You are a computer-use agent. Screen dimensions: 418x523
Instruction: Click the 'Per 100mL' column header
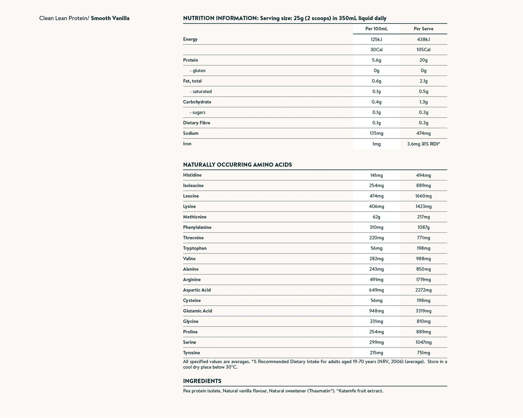click(x=376, y=29)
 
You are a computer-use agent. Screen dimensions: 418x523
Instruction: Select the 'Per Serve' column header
click(x=423, y=29)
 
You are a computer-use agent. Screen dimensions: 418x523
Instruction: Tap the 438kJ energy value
click(x=423, y=39)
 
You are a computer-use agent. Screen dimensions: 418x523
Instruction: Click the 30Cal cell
click(x=376, y=50)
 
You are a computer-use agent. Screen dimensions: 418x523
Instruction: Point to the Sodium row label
click(x=191, y=133)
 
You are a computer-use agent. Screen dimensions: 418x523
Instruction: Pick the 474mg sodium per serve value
click(x=423, y=133)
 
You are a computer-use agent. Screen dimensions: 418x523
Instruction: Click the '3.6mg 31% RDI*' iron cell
click(x=423, y=144)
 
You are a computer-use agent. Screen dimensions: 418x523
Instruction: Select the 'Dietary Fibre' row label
click(x=197, y=123)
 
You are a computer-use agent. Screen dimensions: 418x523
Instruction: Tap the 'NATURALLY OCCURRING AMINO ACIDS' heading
click(x=237, y=165)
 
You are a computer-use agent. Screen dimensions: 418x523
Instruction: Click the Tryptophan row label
click(x=195, y=248)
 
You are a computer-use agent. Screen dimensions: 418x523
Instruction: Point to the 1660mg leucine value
click(x=423, y=196)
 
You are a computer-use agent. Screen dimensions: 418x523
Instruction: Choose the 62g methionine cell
click(x=376, y=217)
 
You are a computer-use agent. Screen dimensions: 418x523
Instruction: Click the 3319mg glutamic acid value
click(x=423, y=311)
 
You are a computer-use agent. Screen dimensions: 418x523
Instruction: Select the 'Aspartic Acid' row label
click(x=197, y=290)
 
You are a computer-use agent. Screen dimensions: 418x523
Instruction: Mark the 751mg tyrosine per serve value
click(x=423, y=353)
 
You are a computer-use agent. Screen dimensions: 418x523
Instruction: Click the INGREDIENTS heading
click(x=202, y=381)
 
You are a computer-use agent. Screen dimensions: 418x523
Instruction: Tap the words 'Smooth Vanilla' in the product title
click(x=110, y=18)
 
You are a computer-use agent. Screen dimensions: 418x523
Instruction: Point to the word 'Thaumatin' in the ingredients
click(x=320, y=391)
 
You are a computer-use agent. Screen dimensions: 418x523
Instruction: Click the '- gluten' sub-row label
click(x=198, y=71)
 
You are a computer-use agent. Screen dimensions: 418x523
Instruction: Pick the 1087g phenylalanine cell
click(x=423, y=227)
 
